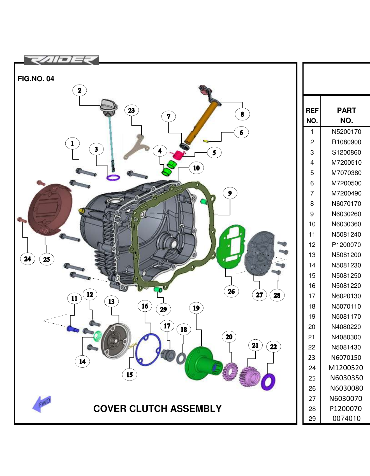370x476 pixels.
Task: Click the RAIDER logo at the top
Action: click(61, 60)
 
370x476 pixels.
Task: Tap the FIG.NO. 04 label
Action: click(36, 79)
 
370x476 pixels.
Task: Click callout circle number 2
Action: click(80, 90)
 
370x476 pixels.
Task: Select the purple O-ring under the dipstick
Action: click(113, 178)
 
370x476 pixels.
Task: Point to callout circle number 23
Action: click(131, 110)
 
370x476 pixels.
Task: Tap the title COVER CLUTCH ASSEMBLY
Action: click(157, 409)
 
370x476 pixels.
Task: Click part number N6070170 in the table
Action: click(346, 204)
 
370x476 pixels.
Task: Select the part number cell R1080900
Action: click(346, 142)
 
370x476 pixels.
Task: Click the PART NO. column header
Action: click(346, 115)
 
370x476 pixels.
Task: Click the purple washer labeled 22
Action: click(268, 382)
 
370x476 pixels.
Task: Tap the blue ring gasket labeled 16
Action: click(148, 350)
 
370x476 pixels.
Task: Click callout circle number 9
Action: click(230, 193)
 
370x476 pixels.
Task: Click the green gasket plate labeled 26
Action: click(230, 246)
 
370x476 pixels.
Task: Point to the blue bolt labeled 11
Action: click(72, 329)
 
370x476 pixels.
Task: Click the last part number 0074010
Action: click(346, 419)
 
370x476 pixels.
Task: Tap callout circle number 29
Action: click(163, 309)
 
